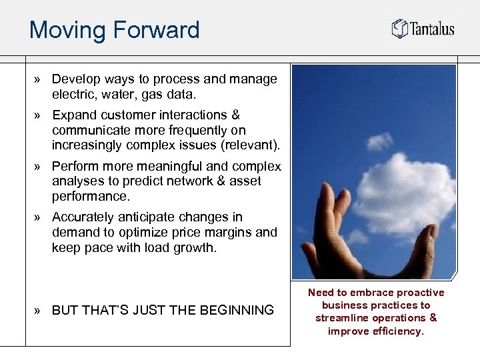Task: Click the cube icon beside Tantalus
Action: (x=399, y=29)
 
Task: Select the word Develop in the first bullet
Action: (x=75, y=79)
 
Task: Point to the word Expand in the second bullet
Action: (x=74, y=115)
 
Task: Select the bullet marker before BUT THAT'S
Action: (x=40, y=310)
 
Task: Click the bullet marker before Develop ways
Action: (x=40, y=79)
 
